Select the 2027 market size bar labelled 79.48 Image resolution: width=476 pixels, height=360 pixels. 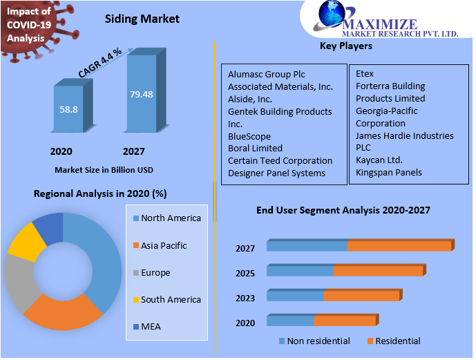(141, 94)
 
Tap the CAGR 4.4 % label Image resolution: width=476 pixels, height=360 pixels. (100, 62)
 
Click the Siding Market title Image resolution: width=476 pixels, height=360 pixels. (142, 19)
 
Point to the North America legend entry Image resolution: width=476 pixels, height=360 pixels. (170, 218)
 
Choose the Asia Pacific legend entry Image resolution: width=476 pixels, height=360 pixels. (163, 245)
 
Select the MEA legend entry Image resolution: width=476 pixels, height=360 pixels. (150, 326)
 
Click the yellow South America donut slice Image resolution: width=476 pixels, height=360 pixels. (26, 241)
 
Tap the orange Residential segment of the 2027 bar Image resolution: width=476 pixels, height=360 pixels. (399, 246)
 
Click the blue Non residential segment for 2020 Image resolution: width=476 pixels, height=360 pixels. (290, 321)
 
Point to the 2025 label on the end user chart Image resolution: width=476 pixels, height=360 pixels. (245, 273)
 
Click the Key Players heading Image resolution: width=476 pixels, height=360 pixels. (346, 46)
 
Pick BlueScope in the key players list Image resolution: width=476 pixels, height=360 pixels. (249, 136)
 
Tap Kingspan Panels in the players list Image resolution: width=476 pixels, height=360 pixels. (389, 173)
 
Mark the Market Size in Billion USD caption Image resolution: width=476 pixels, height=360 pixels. (104, 169)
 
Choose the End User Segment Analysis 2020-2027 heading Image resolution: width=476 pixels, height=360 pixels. (344, 210)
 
